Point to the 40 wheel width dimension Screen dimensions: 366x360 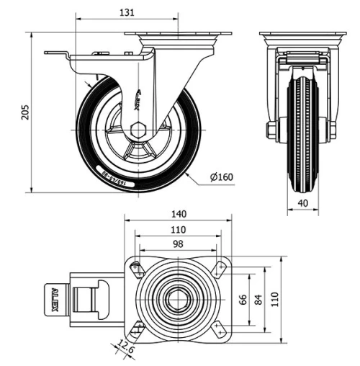click(302, 203)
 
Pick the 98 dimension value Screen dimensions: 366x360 click(178, 244)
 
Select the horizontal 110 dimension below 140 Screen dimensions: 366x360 click(178, 229)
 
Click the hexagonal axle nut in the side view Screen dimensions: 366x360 click(138, 130)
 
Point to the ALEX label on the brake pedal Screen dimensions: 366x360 click(56, 297)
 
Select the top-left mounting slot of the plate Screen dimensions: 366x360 click(136, 268)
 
